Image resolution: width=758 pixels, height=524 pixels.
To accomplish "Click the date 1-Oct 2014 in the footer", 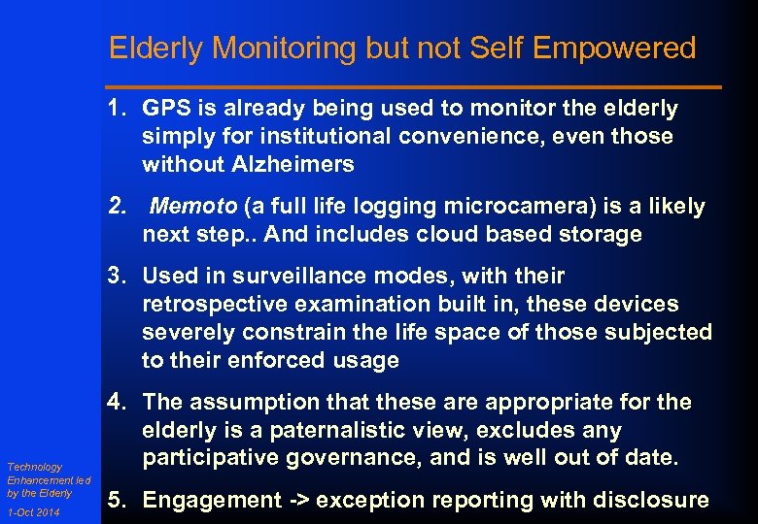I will [x=33, y=511].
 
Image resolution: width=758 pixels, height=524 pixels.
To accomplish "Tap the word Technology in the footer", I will [x=34, y=468].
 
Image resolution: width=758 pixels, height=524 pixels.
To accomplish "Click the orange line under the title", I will [x=415, y=87].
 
